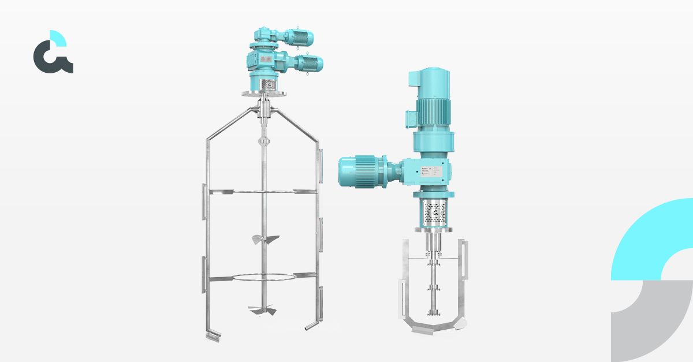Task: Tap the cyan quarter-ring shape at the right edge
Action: (653, 237)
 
